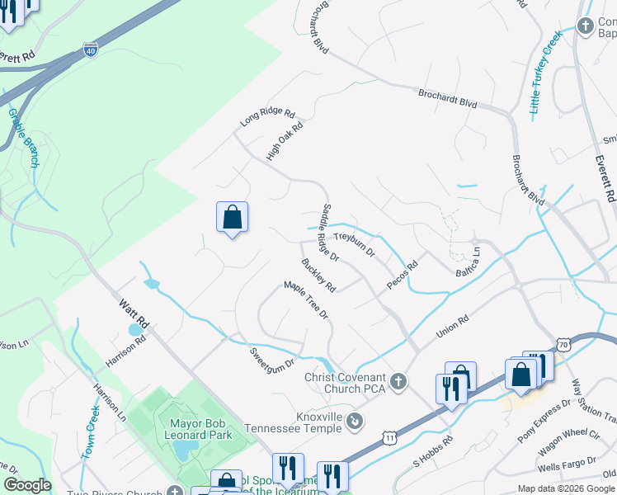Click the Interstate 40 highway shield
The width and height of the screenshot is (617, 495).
90,50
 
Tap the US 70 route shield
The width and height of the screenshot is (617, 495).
562,343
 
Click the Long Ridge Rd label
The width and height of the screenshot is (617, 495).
267,116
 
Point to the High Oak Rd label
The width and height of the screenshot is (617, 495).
285,140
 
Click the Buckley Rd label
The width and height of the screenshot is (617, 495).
318,276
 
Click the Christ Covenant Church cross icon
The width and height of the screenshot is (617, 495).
398,381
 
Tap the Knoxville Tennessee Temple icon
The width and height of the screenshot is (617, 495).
355,422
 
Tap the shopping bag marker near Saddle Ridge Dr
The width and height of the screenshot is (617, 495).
233,218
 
